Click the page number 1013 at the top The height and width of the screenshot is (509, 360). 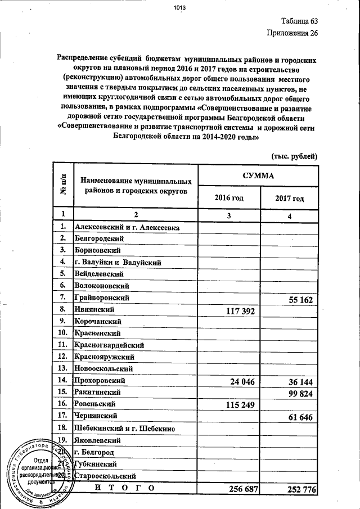coord(179,7)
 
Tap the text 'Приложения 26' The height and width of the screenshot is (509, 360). coord(293,33)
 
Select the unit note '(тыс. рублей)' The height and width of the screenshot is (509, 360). coord(295,156)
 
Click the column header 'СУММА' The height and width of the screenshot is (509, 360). coord(258,175)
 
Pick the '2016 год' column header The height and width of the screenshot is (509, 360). coord(229,198)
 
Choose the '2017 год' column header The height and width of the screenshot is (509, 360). coord(290,199)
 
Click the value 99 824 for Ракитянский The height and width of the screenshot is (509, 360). coord(300,393)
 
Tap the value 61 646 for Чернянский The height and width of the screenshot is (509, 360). coord(300,416)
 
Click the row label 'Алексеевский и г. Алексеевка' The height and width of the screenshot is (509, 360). coord(127,227)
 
